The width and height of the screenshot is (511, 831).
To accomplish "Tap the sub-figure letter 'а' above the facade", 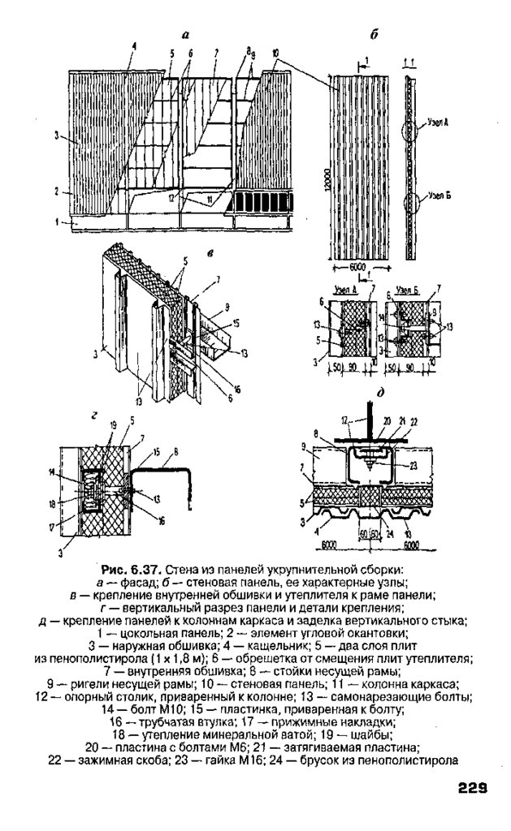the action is (185, 34).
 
